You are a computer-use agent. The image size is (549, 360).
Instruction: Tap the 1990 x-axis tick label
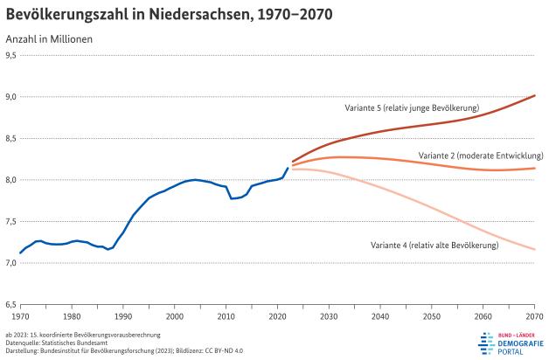pos(122,315)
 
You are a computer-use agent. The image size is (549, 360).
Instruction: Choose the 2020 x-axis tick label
pos(277,315)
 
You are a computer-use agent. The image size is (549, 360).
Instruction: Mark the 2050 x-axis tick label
pos(432,315)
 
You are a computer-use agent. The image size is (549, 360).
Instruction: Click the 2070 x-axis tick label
pos(534,315)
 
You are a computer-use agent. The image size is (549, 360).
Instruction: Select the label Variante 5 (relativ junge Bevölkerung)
pos(411,107)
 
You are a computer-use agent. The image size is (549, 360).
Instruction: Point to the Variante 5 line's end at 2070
pos(534,95)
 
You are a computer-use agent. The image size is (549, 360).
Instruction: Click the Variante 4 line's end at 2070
pos(534,250)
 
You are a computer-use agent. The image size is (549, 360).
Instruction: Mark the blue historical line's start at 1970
pos(20,253)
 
